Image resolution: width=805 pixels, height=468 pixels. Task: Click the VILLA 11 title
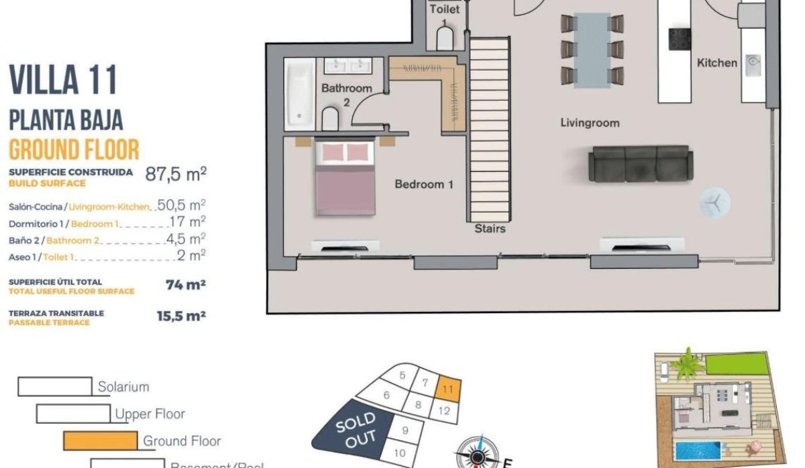(63, 80)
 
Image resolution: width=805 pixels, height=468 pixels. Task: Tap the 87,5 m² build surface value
(176, 175)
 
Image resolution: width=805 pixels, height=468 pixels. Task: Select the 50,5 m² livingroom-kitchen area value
(181, 205)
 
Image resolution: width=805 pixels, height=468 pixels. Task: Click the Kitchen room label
(717, 63)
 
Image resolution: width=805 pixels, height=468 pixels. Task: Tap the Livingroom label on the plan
(590, 123)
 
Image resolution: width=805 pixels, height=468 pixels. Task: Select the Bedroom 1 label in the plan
(424, 184)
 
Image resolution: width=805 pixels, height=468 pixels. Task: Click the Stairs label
(490, 229)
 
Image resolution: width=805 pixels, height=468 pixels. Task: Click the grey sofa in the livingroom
(641, 164)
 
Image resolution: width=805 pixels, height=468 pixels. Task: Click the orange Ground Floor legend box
(100, 441)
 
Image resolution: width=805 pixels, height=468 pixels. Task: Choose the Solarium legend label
(123, 387)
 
